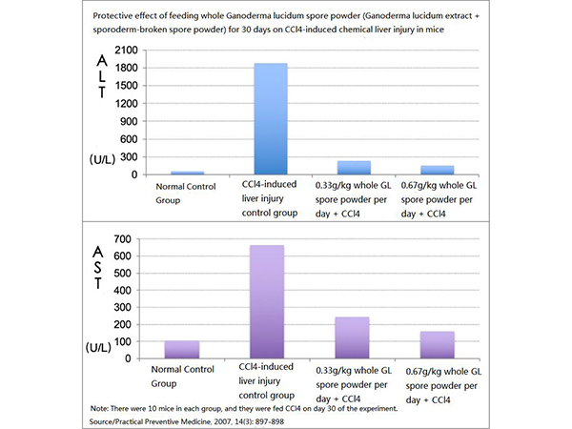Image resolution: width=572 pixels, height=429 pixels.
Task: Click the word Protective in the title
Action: (x=114, y=15)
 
